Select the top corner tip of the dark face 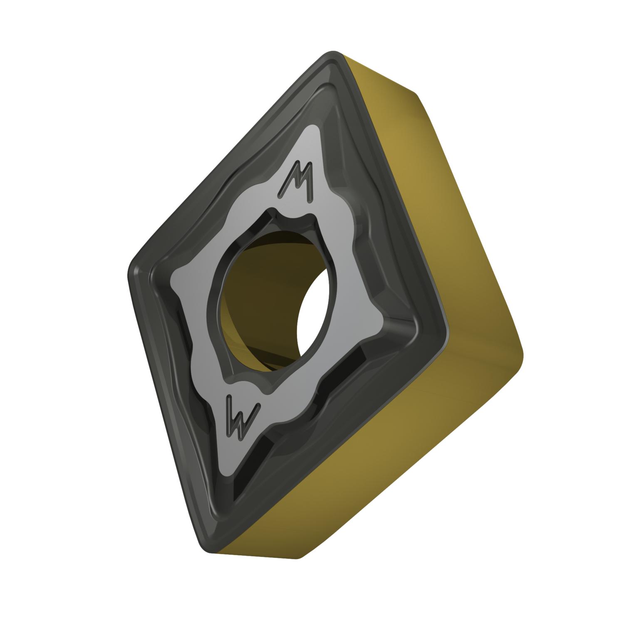333,54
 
